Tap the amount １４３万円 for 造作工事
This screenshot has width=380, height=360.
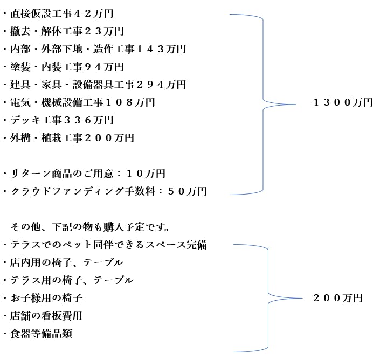(x=161, y=49)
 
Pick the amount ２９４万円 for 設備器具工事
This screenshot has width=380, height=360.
(x=161, y=85)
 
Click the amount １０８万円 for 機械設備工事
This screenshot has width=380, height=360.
(x=130, y=102)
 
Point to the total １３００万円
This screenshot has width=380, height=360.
(x=343, y=102)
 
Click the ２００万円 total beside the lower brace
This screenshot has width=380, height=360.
(x=338, y=298)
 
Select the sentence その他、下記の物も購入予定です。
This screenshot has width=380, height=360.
(x=89, y=227)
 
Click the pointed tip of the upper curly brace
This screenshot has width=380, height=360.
(x=295, y=105)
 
